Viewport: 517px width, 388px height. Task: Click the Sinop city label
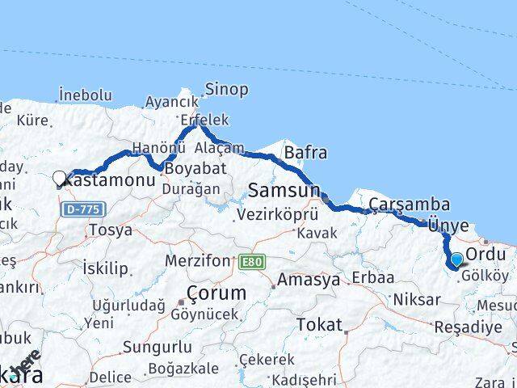(x=225, y=88)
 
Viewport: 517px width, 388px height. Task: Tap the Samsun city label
(x=284, y=190)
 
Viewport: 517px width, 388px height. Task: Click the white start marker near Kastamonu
(x=60, y=179)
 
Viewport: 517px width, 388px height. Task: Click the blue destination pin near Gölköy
(x=456, y=260)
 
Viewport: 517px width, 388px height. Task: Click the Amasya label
(x=308, y=280)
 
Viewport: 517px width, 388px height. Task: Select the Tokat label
(x=319, y=324)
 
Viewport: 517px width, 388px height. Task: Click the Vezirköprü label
(x=275, y=215)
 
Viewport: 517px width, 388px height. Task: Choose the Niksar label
(x=418, y=299)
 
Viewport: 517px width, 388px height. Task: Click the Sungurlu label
(x=158, y=348)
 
